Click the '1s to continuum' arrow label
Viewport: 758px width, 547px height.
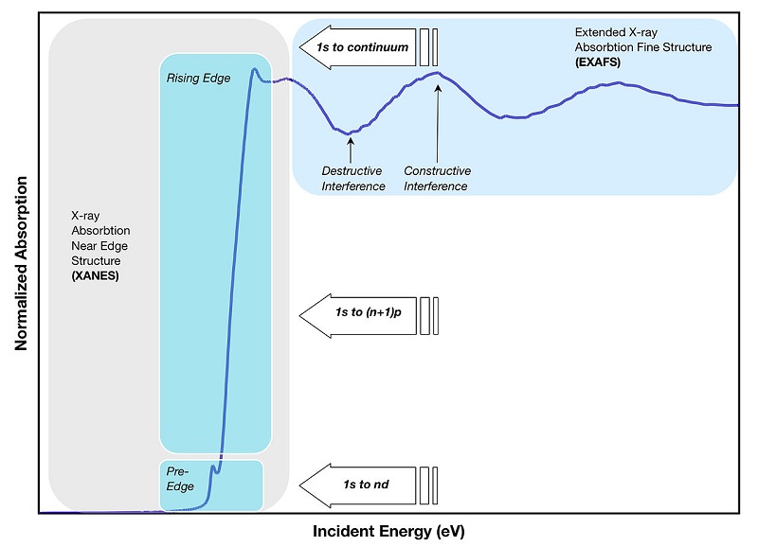(363, 47)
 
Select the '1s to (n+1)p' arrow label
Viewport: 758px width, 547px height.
(369, 312)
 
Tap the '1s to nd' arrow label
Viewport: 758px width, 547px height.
(366, 485)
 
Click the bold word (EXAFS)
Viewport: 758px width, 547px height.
(598, 62)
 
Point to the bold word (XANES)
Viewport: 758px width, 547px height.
(96, 275)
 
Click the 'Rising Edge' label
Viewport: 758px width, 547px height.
(198, 79)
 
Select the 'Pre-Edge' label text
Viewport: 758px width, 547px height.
(180, 479)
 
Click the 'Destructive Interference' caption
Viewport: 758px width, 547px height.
(353, 179)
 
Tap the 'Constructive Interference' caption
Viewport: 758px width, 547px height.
(437, 179)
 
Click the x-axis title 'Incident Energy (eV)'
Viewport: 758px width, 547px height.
(388, 531)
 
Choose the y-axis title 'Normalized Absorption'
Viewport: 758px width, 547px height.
(21, 264)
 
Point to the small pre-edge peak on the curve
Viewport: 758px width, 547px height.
(212, 467)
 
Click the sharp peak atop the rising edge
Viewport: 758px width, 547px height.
(254, 70)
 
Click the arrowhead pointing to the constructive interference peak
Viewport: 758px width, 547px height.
(438, 87)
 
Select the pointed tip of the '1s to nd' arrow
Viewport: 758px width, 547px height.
(299, 485)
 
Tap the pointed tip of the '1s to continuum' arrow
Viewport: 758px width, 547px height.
(299, 47)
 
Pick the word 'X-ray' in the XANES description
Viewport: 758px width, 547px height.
(85, 216)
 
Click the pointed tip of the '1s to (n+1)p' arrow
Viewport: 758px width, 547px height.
(299, 316)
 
